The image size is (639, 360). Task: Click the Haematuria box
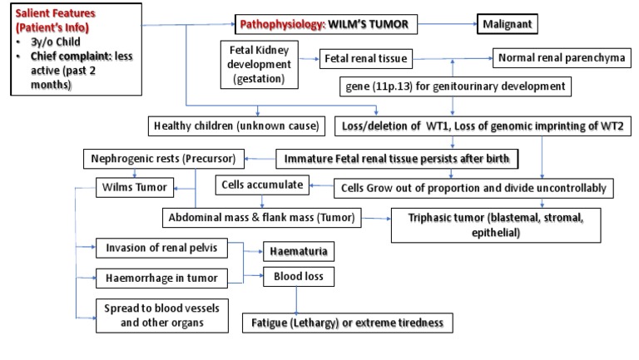pyautogui.click(x=295, y=249)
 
